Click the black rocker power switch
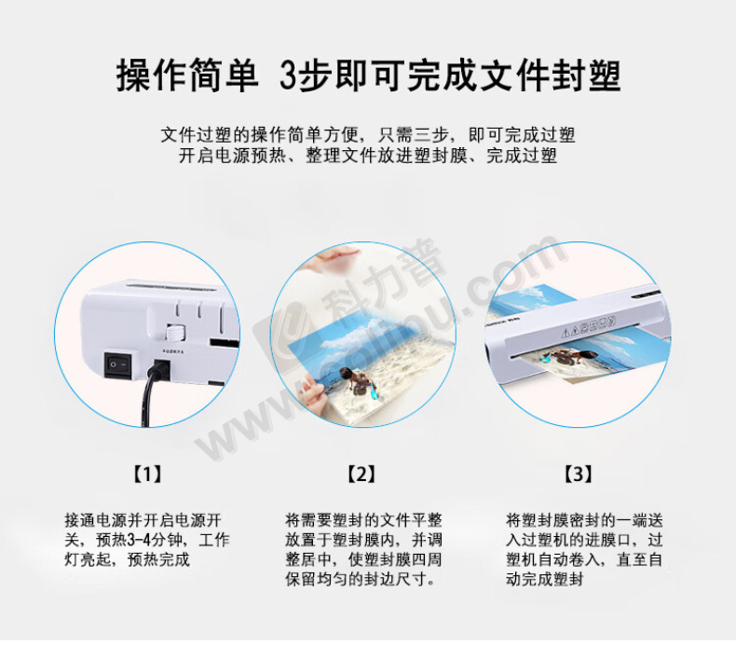tap(117, 365)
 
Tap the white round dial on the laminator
tap(175, 333)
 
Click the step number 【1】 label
tap(147, 475)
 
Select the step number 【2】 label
tap(361, 475)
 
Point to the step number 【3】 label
tap(578, 475)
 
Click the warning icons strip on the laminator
tap(588, 326)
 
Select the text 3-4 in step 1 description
tap(140, 540)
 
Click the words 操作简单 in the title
tap(187, 76)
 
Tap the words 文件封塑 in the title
tap(551, 76)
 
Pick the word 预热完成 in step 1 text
tap(158, 559)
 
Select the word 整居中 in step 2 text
tap(308, 559)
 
